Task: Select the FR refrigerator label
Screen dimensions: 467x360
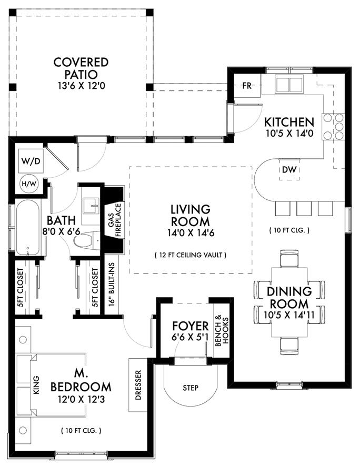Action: (x=246, y=86)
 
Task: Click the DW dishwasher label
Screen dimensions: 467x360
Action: (x=287, y=169)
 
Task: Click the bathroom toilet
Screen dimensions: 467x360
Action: (x=84, y=241)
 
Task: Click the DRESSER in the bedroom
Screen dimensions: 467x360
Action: (x=138, y=385)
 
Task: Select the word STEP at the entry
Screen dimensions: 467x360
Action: (x=190, y=388)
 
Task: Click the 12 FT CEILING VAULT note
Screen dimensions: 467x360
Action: (x=191, y=255)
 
